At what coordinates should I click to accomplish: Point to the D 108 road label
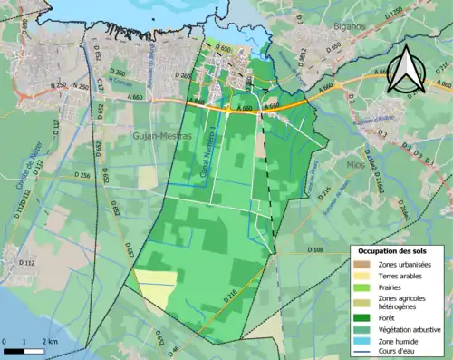point(315,248)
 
